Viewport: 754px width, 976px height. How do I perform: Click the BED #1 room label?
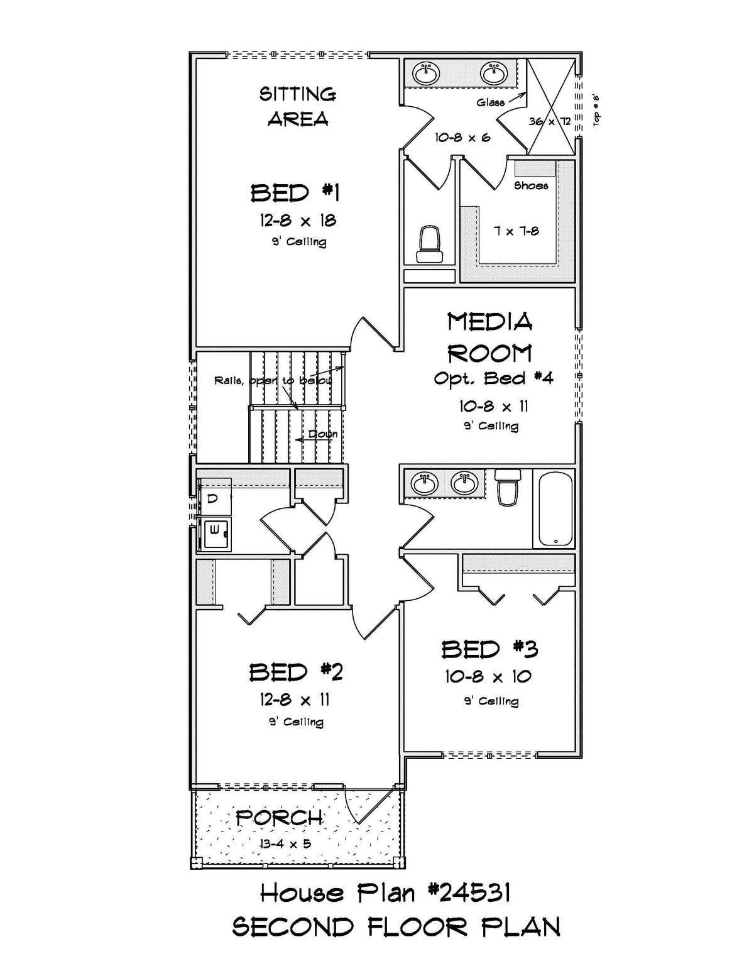(295, 193)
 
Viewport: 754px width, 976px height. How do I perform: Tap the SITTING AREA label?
(298, 106)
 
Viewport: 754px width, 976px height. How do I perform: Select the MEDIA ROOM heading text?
(490, 337)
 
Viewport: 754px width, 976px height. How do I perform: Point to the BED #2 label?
(296, 672)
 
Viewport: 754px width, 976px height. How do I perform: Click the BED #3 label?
(489, 649)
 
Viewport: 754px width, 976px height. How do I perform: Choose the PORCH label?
(280, 818)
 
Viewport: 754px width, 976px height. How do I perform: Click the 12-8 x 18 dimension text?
(298, 221)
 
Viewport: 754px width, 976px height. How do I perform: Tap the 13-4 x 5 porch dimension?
(285, 843)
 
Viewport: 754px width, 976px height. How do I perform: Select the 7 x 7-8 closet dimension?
(516, 231)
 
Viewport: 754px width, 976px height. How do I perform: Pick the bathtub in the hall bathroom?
(554, 509)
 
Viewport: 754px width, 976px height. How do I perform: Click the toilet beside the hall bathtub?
(507, 487)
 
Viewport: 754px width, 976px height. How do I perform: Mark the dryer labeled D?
(214, 498)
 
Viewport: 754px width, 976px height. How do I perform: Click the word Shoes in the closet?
(531, 185)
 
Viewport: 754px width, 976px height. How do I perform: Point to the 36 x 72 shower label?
(550, 121)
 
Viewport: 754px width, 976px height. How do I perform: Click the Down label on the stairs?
(322, 434)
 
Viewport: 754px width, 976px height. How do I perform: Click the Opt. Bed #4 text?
(493, 378)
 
